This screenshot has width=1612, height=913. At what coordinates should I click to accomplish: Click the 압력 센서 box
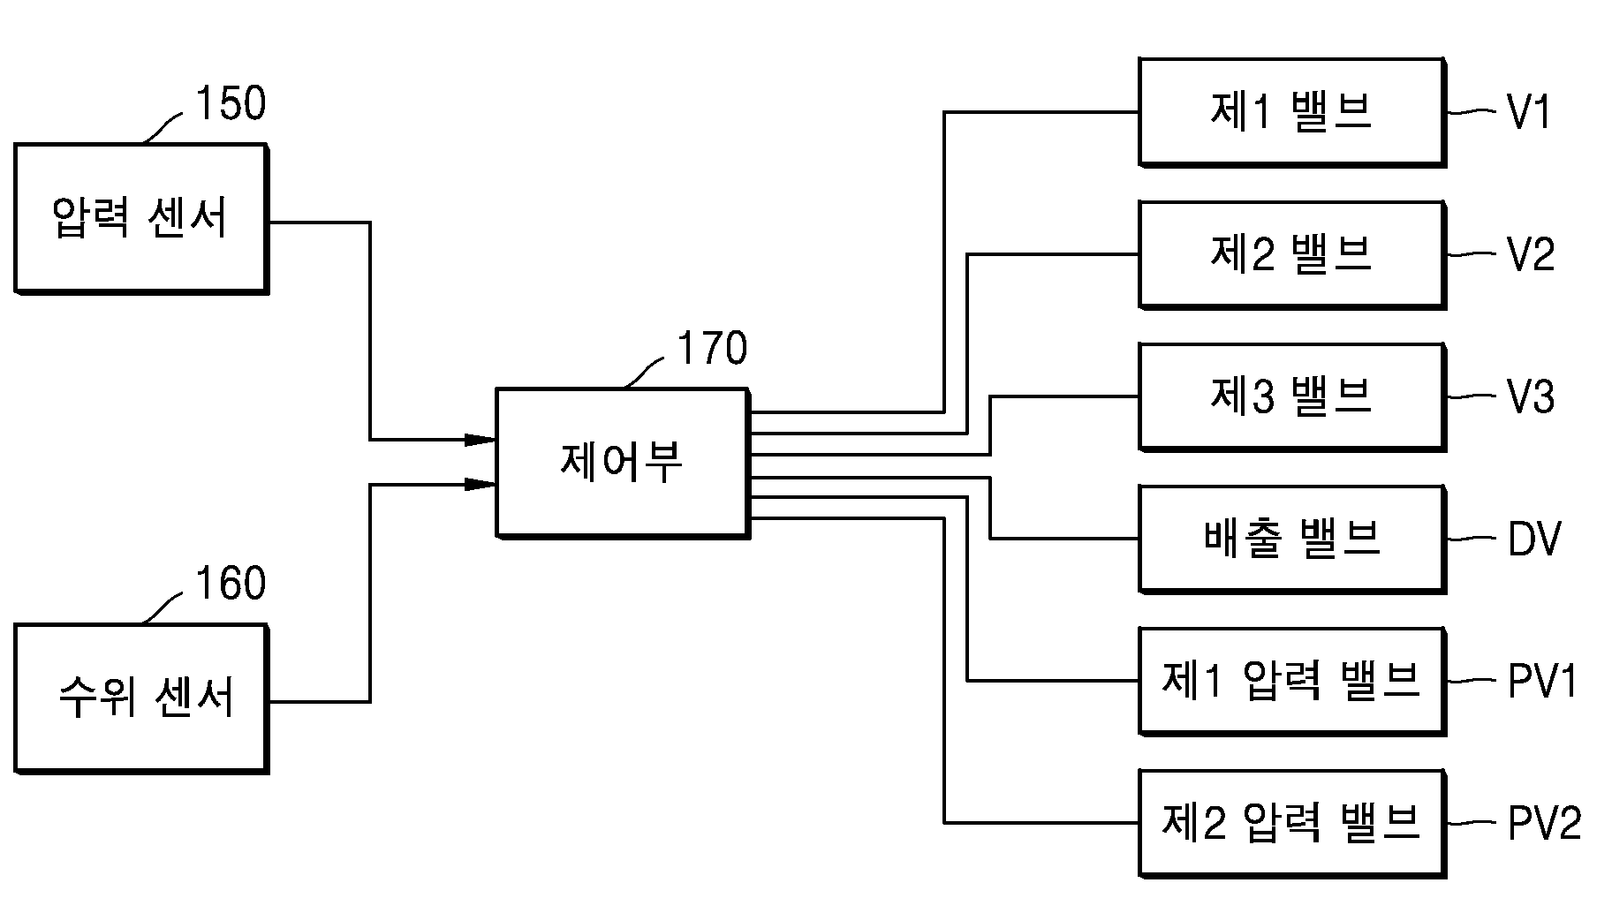coord(141,218)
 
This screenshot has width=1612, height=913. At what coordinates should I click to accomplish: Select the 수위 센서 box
coord(141,698)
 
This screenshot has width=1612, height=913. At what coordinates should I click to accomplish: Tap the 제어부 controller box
coord(623,463)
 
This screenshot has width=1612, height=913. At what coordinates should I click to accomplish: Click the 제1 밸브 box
coord(1292,112)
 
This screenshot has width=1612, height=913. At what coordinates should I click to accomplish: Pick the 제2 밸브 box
coord(1292,254)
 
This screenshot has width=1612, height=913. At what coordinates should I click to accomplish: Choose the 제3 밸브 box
coord(1292,396)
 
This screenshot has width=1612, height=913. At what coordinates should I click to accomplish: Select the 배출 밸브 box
coord(1292,539)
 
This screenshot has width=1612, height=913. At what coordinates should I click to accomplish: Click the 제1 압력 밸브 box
coord(1292,681)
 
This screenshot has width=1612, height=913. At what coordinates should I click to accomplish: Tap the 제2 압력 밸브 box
coord(1292,823)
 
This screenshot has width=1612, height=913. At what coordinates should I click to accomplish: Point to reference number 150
coord(230,104)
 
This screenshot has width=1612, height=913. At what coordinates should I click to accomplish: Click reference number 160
coord(230,584)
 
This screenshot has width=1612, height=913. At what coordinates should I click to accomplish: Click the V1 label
coord(1529,113)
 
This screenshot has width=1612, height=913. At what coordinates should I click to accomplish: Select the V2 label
coord(1531,255)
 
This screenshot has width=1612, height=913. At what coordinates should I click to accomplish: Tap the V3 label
coord(1531,397)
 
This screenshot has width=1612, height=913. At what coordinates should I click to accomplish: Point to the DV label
coord(1534,539)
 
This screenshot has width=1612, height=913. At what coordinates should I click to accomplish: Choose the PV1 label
coord(1542,682)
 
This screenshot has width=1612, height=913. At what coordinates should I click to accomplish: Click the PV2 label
coord(1544,824)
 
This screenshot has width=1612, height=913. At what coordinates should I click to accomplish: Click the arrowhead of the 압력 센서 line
coord(481,439)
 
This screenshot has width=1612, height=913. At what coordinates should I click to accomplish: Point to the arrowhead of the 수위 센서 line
coord(481,484)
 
